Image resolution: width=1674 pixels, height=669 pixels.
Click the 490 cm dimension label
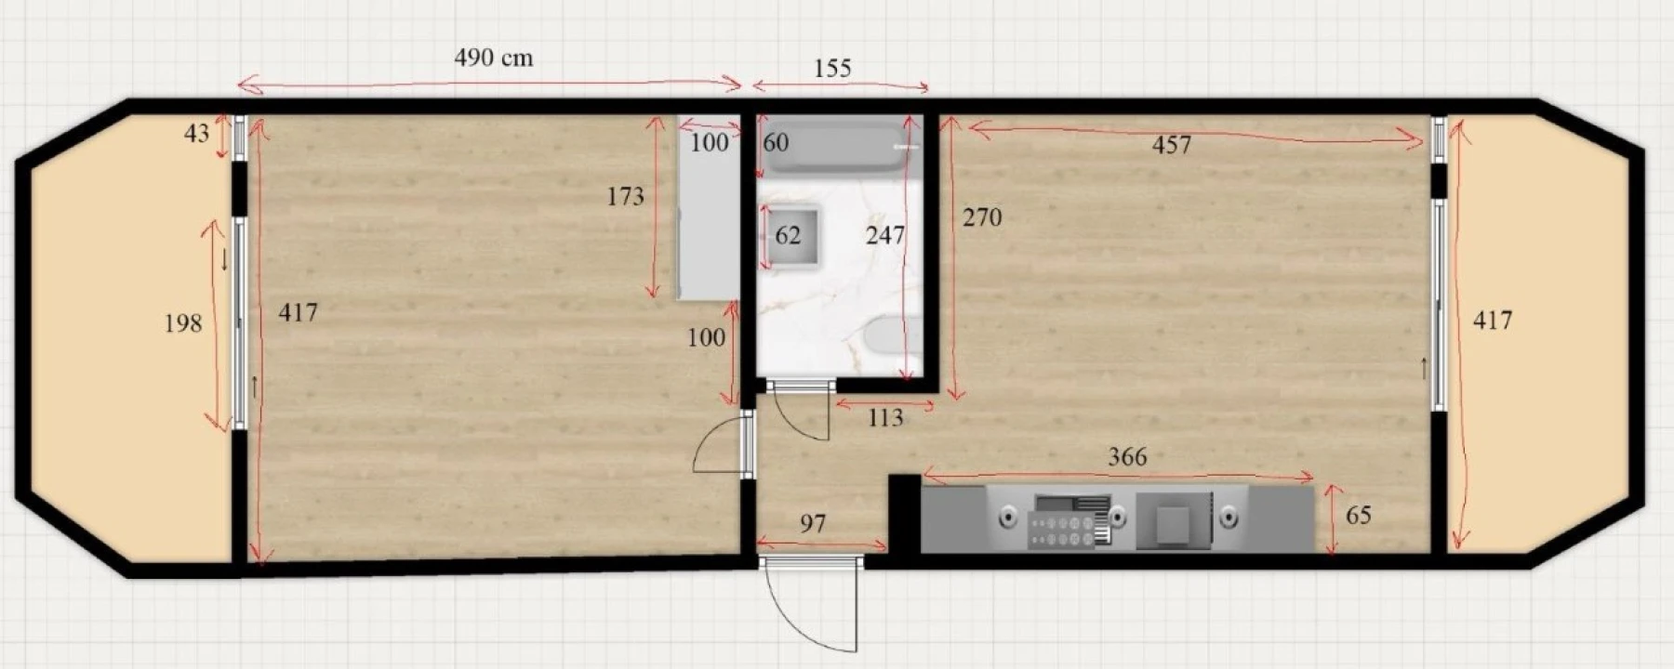494,58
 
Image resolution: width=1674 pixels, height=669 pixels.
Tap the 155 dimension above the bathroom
832,68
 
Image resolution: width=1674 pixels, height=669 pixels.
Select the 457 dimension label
1171,145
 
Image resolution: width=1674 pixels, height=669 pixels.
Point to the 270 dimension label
982,217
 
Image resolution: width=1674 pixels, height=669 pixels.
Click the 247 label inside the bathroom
885,235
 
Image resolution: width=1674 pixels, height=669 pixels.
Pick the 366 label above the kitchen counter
1127,456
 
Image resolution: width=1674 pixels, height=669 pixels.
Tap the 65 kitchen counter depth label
1359,515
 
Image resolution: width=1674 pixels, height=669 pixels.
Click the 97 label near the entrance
813,524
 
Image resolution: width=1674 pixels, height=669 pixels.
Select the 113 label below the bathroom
885,418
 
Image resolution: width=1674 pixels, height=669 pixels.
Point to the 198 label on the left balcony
183,323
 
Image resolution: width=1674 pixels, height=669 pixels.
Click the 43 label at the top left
197,134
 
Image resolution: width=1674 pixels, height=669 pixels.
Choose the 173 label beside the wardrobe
625,196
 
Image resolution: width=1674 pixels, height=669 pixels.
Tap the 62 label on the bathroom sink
788,235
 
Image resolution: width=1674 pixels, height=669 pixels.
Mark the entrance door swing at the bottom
810,605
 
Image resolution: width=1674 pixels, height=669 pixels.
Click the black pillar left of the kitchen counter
904,514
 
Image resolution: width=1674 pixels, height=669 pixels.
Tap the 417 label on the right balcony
1493,321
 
